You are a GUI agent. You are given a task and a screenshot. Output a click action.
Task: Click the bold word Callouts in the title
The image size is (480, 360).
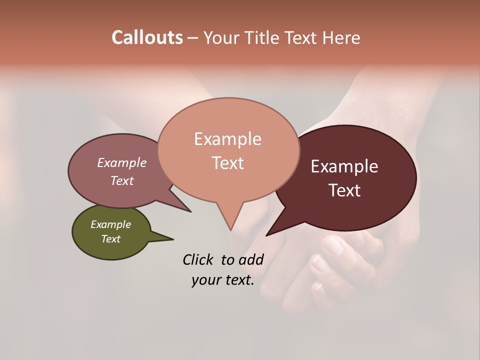tap(147, 37)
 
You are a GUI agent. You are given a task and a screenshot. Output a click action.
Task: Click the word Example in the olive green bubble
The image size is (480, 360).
tap(110, 224)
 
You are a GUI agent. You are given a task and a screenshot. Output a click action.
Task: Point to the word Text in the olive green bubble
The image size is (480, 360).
tap(110, 239)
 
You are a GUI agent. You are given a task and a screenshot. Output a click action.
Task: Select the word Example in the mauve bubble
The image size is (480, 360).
tap(121, 162)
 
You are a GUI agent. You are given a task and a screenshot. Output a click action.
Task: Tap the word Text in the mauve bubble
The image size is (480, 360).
tap(121, 180)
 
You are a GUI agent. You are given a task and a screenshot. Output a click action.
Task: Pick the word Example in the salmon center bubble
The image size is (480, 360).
tap(227, 139)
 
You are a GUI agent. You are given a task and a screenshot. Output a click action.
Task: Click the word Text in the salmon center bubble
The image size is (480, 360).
tap(227, 162)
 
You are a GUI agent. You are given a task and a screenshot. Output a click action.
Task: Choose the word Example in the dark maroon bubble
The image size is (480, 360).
tap(344, 166)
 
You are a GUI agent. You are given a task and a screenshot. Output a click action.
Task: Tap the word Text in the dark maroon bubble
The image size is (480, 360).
tap(344, 190)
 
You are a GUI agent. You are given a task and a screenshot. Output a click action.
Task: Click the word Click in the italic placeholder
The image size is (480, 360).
tap(199, 259)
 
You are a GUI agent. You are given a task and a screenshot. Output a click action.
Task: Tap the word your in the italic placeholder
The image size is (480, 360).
tap(205, 280)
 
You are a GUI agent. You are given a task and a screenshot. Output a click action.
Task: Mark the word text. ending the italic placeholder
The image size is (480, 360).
tap(238, 280)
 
